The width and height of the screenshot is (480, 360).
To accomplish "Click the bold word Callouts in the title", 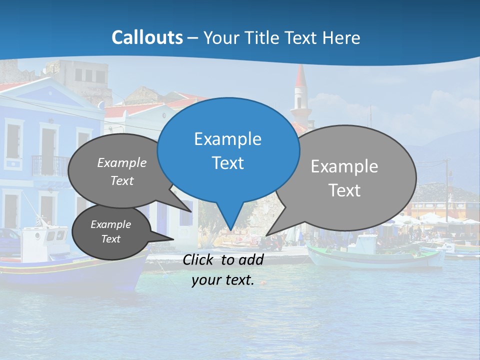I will point(147,37).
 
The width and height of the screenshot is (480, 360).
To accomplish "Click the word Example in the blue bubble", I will point(227,139).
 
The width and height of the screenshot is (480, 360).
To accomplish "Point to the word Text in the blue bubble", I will point(227,163).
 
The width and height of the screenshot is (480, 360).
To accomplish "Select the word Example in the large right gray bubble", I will point(344,166).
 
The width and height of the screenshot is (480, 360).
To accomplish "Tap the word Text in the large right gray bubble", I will point(344,190).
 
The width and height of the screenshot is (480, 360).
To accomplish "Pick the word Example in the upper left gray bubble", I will point(122,163).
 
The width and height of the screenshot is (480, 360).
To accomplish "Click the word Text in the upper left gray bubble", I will point(122,181).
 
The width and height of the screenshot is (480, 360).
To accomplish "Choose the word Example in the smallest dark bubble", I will point(110,224).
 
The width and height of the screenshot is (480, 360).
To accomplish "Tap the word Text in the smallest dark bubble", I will point(110,239).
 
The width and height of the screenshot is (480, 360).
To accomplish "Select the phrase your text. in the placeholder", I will point(223,280).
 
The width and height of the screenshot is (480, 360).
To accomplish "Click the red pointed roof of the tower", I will point(300,76).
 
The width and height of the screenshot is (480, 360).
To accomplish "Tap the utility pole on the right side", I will point(446,190).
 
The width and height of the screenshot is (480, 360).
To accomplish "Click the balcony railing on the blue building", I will point(49,165).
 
